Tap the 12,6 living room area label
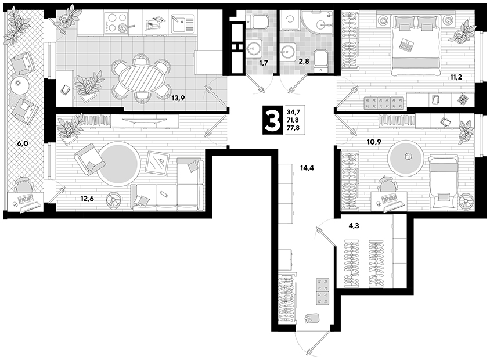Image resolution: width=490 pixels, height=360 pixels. click(87, 198)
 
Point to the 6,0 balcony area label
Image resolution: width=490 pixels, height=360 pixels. click(22, 144)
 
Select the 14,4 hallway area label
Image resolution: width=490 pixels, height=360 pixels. click(307, 168)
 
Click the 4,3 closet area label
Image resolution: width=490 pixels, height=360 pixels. click(354, 226)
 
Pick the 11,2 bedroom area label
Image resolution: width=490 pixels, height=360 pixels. click(456, 77)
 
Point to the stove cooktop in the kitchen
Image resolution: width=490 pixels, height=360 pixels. click(116, 22)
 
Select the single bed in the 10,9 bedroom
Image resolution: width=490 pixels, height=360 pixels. click(444, 183)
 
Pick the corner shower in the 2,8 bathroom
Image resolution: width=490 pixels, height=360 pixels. click(317, 20)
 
